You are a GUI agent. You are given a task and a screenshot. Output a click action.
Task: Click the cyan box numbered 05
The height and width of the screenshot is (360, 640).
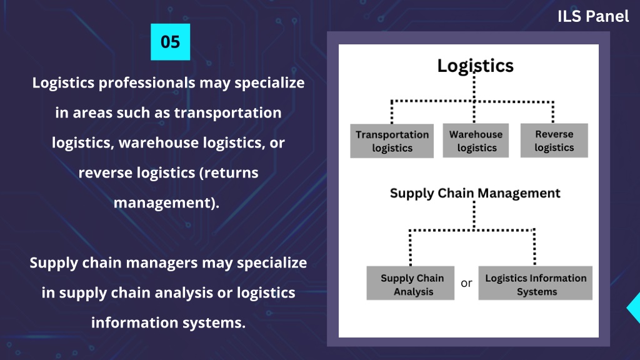[x=170, y=42]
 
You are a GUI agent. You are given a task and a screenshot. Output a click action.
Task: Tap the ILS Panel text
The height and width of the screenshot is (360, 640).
[x=593, y=16]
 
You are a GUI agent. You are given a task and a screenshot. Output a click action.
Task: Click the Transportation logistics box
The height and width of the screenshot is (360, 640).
[x=392, y=141]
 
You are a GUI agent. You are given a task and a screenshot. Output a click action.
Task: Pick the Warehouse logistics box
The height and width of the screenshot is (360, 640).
[x=476, y=141]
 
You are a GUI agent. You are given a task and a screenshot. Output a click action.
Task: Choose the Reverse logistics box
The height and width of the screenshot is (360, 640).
[x=554, y=141]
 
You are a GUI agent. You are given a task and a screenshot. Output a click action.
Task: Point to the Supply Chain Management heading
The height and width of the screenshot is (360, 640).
[x=475, y=193]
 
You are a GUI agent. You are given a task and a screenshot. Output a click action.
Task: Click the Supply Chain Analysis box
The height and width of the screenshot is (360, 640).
[x=410, y=283]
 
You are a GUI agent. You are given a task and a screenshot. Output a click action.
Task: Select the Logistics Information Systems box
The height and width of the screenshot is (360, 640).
[x=535, y=283]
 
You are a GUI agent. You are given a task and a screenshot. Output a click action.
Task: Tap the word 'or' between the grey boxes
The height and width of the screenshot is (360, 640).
[x=466, y=283]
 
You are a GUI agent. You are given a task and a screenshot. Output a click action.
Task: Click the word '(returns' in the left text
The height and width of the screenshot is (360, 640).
[x=229, y=173]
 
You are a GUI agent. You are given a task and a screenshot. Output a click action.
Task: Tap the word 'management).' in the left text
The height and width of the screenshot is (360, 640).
[x=166, y=203]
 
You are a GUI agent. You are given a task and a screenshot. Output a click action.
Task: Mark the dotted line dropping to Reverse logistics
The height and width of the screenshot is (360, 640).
[x=553, y=112]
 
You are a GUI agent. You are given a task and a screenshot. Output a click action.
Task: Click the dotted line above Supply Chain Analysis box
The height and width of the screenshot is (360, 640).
[x=410, y=247]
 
